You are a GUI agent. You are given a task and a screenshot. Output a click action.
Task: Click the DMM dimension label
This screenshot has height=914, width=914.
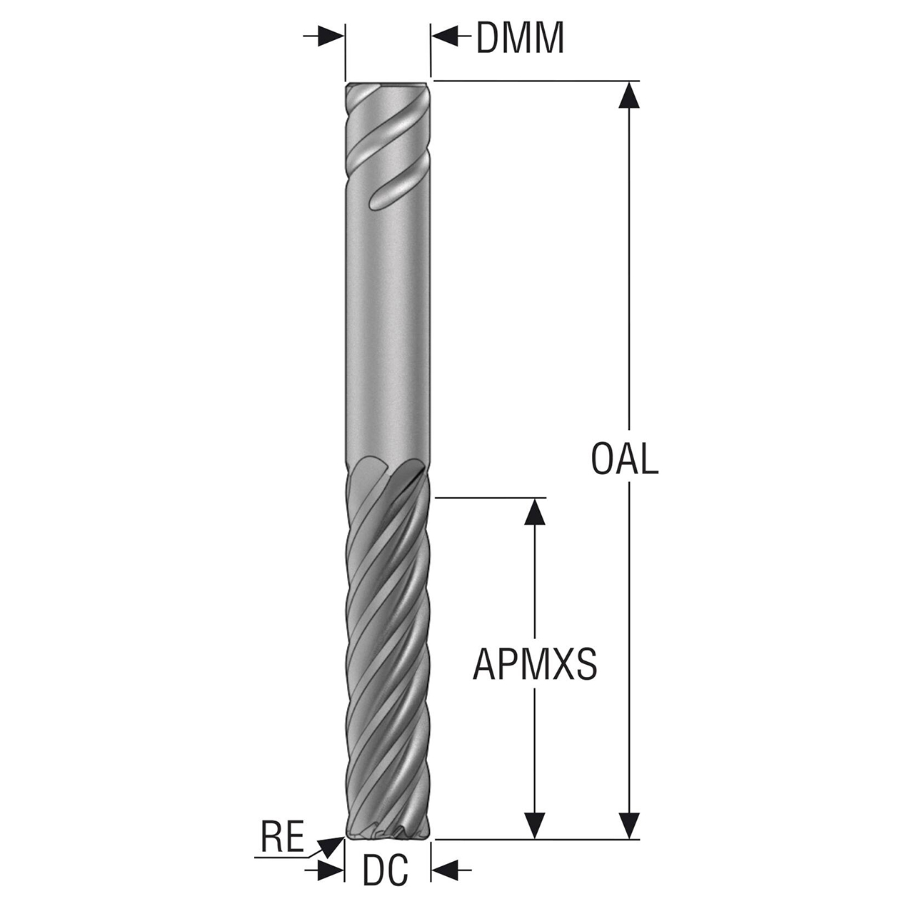click(x=520, y=38)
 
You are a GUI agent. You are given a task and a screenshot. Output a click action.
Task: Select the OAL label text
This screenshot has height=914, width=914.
click(x=624, y=459)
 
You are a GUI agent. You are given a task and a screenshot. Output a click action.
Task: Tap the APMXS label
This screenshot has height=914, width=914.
click(x=535, y=664)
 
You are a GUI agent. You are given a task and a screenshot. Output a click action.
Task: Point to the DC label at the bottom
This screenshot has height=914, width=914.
click(x=386, y=870)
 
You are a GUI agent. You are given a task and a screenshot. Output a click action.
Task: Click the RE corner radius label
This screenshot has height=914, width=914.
click(x=282, y=837)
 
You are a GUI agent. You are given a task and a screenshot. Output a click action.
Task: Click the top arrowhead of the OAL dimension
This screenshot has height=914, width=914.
click(x=628, y=95)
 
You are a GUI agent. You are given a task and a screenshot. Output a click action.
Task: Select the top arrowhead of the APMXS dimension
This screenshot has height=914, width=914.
click(x=535, y=511)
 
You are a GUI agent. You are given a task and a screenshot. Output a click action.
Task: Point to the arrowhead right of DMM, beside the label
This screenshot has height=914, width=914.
click(x=445, y=36)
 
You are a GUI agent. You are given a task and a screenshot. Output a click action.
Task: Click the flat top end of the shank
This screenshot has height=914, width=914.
click(x=388, y=84)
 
